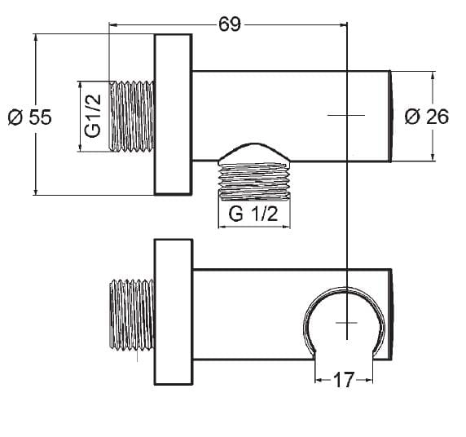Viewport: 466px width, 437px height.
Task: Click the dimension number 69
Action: click(x=230, y=24)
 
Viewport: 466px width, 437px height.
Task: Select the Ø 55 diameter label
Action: click(x=29, y=117)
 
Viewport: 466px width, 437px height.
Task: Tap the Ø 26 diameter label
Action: click(x=427, y=117)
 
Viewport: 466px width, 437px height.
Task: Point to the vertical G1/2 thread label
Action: click(x=93, y=116)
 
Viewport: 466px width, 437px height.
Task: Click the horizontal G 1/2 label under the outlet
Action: click(x=253, y=214)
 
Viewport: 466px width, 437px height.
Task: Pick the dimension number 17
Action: click(x=344, y=380)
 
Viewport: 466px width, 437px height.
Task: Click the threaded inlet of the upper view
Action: click(x=132, y=116)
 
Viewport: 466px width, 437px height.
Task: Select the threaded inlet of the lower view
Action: click(x=132, y=314)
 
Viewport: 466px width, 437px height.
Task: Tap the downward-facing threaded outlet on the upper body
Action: click(x=254, y=180)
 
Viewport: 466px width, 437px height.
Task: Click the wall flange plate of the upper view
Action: click(x=174, y=114)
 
